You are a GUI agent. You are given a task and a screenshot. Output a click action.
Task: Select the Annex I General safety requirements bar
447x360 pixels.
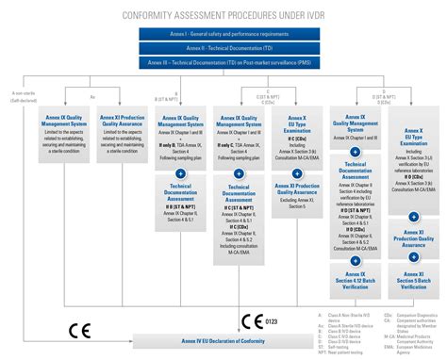[x=223, y=33]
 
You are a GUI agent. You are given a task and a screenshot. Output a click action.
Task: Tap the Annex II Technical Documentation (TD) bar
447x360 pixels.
[x=223, y=48]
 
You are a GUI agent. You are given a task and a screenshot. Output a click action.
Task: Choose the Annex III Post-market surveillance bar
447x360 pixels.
[x=223, y=63]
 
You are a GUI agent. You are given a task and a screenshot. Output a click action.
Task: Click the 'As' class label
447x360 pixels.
[x=92, y=96]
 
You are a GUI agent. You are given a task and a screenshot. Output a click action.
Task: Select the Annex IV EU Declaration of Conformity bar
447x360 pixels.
[x=223, y=341]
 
